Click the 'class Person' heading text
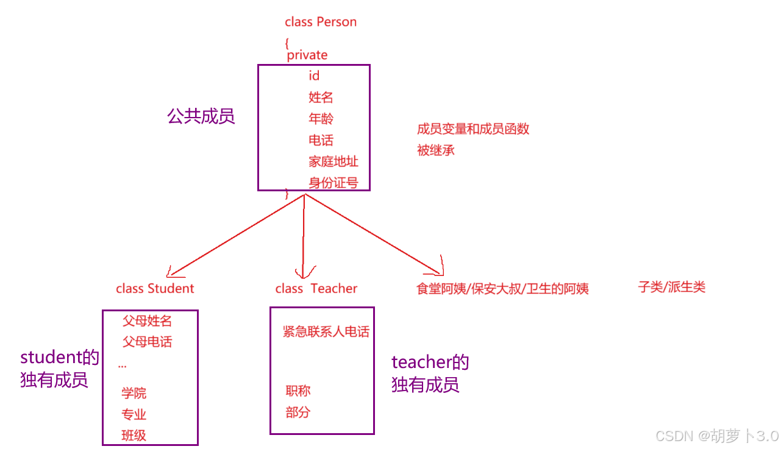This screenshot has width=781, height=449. click(321, 22)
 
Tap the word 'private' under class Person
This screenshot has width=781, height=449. click(307, 55)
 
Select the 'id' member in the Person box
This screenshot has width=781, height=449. click(314, 76)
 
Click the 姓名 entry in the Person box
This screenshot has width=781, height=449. click(321, 97)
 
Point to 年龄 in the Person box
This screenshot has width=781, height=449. click(321, 118)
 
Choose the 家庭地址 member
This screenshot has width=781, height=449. click(333, 161)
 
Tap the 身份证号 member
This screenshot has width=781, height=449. click(333, 182)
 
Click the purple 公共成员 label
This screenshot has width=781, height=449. click(201, 116)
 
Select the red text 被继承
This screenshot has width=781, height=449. click(436, 150)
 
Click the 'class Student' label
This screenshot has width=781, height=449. click(155, 288)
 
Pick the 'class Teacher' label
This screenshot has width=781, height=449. click(316, 288)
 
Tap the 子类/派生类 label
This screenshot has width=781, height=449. click(671, 287)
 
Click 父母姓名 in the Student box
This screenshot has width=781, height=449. click(147, 320)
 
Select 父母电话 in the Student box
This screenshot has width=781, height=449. click(147, 341)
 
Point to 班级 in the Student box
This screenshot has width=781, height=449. click(134, 435)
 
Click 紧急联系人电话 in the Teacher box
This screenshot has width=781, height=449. click(326, 331)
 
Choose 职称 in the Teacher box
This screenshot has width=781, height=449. click(298, 391)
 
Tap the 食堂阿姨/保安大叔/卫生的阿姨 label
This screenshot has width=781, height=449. click(502, 288)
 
